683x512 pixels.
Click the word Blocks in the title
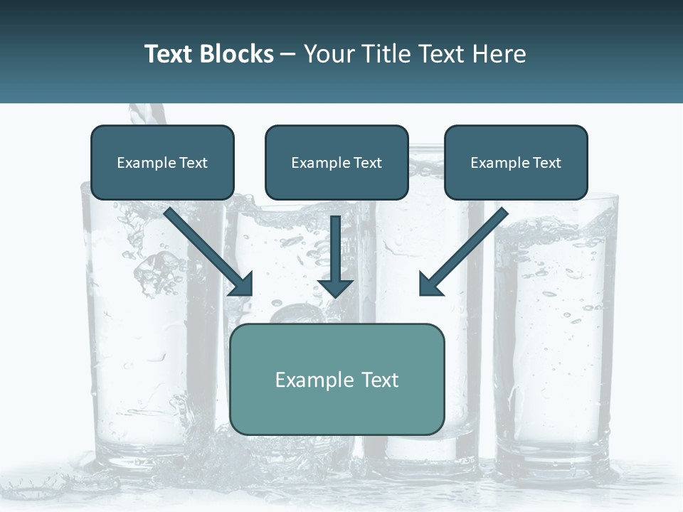pos(238,54)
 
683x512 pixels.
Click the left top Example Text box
pos(162,163)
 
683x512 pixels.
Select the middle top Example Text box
pos(337,163)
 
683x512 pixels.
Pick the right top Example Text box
pos(516,163)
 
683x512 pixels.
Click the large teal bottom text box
pos(337,379)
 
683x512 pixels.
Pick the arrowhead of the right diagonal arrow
pos(429,285)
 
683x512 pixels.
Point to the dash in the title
pos(288,54)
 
